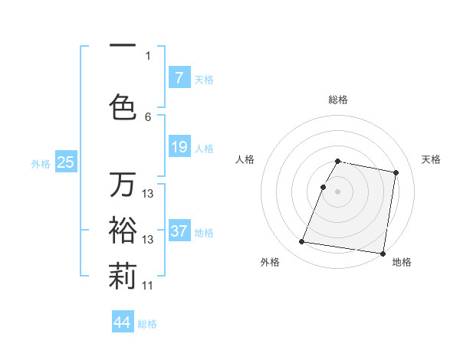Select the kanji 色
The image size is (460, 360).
[123, 106]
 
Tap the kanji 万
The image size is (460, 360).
[123, 185]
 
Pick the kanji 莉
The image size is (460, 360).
[123, 278]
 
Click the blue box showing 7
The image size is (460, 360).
[179, 78]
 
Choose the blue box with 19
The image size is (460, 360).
[179, 147]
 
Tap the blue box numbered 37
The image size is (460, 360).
[179, 231]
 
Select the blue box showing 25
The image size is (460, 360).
[65, 162]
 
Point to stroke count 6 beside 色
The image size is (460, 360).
[148, 117]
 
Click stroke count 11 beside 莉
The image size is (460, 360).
[148, 286]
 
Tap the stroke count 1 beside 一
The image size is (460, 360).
[148, 55]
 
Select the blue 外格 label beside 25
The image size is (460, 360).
[41, 163]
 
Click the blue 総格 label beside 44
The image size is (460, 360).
[147, 324]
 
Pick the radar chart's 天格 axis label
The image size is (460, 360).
[431, 159]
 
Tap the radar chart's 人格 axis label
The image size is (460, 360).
[245, 159]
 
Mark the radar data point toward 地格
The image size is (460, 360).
[382, 253]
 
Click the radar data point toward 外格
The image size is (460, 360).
[302, 242]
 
